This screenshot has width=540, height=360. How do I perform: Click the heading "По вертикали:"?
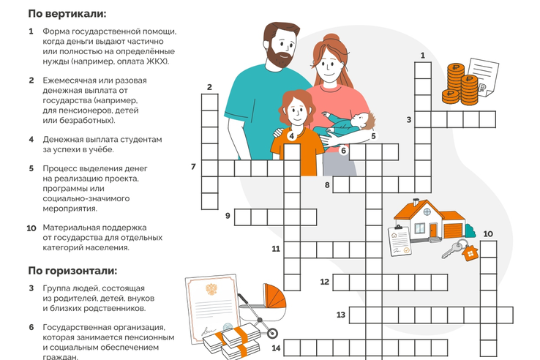pos(67,14)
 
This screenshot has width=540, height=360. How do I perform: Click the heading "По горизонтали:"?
pos(72,271)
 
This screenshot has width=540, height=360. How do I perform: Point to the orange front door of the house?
pos(433,230)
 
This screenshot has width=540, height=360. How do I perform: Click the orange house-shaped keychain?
pos(470,253)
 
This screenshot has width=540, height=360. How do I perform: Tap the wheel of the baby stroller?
pos(272,333)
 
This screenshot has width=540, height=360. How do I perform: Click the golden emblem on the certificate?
pos(211,289)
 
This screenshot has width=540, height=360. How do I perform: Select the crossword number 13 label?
pos(340,315)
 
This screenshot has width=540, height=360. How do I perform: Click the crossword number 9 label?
pos(228,216)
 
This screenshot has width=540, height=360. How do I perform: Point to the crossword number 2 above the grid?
pos(209,87)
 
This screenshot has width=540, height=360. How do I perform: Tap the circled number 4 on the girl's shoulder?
pos(292,136)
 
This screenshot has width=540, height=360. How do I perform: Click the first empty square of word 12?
pos(341,282)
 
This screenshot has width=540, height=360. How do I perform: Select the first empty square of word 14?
pos(292,348)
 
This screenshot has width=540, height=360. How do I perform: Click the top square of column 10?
pos(488,250)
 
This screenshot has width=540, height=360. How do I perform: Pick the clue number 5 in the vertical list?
pos(31,168)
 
